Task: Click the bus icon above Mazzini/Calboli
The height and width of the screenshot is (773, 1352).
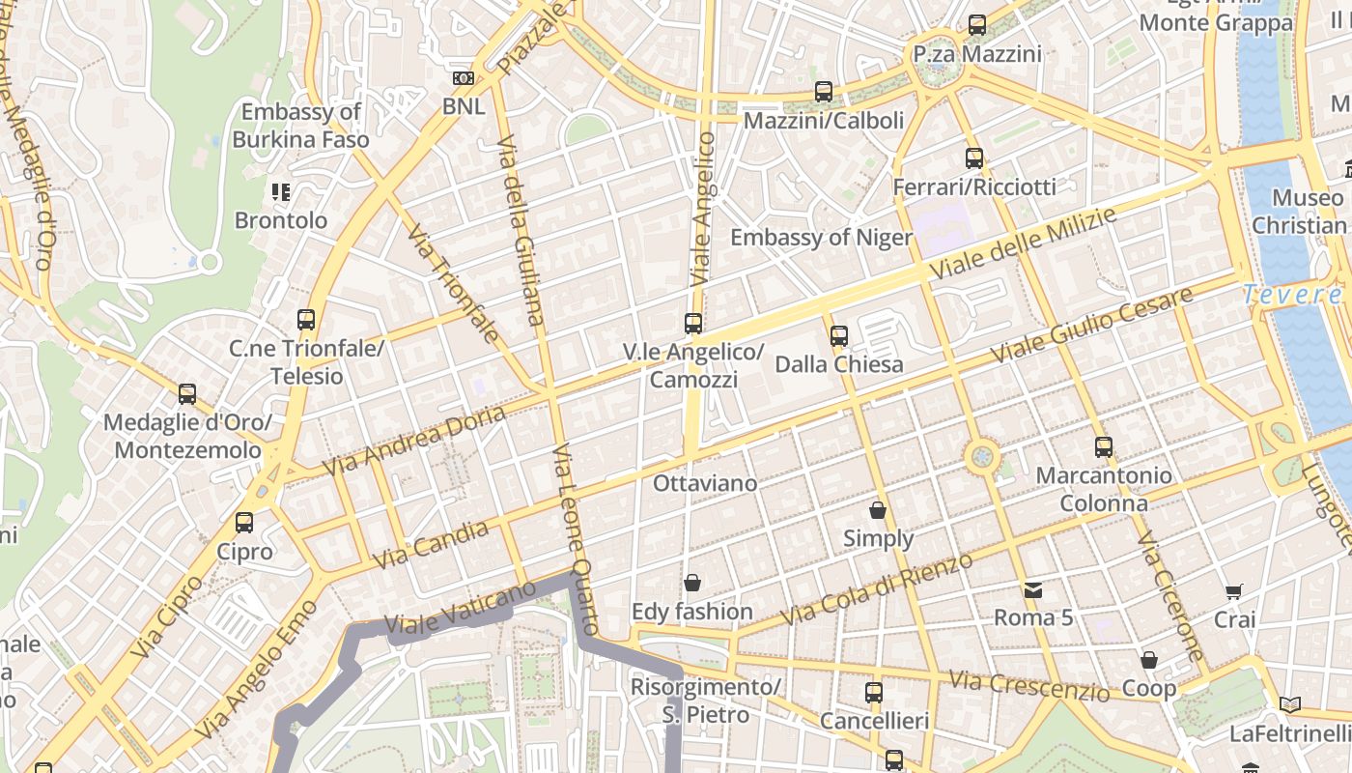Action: click(823, 92)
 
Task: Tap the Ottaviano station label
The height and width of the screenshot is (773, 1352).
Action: click(705, 482)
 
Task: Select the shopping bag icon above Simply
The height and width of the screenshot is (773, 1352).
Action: click(878, 510)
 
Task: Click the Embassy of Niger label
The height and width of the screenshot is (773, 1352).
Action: click(821, 238)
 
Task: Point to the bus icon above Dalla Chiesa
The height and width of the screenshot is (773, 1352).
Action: click(839, 336)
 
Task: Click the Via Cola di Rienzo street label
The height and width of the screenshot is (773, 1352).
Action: click(876, 588)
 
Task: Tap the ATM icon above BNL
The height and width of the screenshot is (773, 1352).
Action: click(464, 78)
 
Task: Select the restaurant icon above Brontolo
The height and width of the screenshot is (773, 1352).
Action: click(281, 192)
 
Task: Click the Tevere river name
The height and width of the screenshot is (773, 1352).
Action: click(1292, 294)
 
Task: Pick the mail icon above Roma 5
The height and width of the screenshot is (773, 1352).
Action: click(1033, 589)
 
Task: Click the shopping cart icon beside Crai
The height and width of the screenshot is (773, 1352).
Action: click(1234, 591)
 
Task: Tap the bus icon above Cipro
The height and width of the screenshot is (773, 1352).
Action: click(244, 523)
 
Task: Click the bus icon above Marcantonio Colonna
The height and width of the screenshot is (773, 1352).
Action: click(1104, 447)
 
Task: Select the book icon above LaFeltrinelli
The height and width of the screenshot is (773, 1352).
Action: click(1289, 704)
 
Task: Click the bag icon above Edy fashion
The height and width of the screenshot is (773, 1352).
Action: click(692, 583)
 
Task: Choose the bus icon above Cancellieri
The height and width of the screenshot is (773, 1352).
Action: click(874, 693)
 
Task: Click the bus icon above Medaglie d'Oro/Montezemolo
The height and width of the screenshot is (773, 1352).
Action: click(187, 394)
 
